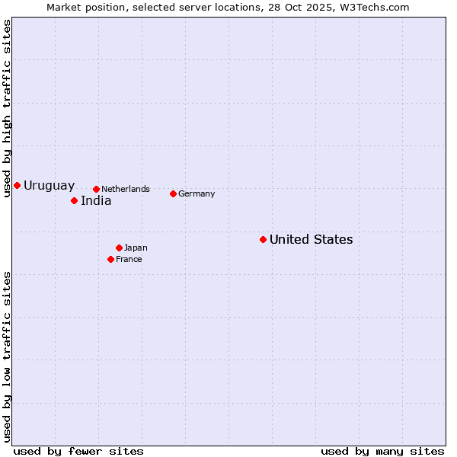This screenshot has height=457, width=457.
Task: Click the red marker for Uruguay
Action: (17, 185)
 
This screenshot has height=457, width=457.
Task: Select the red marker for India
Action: (74, 200)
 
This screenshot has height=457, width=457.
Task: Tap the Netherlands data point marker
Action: (96, 189)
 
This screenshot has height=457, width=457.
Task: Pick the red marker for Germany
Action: (173, 193)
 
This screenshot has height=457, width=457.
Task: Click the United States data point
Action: (263, 239)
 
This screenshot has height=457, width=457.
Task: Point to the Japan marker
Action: (119, 248)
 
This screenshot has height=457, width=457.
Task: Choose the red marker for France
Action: (110, 259)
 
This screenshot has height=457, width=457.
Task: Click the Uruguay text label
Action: (49, 185)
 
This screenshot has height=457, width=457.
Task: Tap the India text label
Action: (96, 201)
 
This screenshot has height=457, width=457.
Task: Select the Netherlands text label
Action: (126, 189)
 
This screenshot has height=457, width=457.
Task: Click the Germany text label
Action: (197, 193)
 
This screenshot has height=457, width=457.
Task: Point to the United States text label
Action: (311, 240)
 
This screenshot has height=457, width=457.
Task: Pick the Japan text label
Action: (136, 248)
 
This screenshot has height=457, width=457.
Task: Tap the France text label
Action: (129, 259)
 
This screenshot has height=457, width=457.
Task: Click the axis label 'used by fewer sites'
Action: (78, 451)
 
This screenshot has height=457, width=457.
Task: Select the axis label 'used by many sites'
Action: (382, 451)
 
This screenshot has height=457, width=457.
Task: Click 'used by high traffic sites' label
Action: (7, 109)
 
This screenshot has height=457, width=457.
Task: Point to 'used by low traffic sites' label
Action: (7, 356)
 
